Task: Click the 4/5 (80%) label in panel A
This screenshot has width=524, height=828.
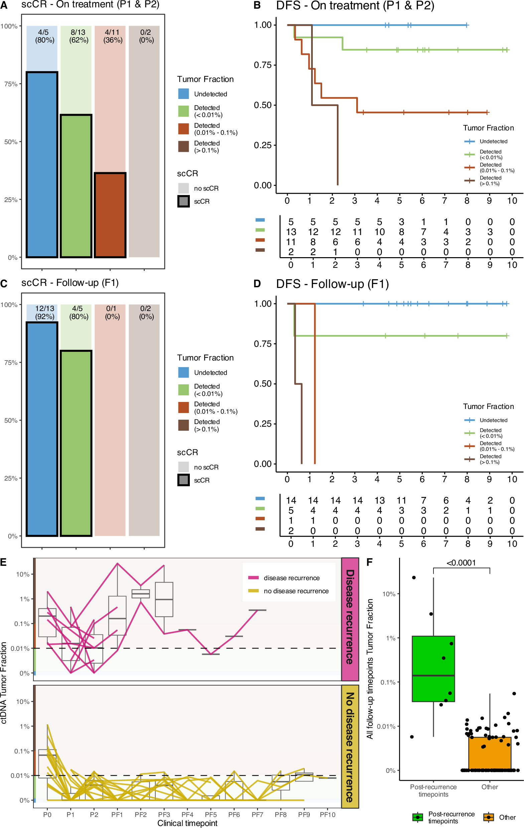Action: [44, 36]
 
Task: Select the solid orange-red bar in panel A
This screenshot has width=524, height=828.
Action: [110, 215]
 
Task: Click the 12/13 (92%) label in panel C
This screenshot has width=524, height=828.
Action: [44, 312]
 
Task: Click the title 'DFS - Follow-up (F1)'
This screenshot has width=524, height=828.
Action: [332, 284]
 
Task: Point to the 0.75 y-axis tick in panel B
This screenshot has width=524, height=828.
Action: [263, 65]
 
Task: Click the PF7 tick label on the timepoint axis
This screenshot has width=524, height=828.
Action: [257, 815]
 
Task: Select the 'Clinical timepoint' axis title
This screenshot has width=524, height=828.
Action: [187, 823]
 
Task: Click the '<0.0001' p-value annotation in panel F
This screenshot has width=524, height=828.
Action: [461, 563]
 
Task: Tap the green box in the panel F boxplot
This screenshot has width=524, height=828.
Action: [433, 669]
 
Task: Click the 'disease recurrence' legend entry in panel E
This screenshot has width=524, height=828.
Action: [291, 578]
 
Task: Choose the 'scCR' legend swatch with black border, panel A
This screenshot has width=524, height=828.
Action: [183, 201]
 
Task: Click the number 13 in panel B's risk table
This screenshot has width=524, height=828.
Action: [291, 232]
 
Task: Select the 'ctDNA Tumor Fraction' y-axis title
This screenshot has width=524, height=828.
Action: [4, 683]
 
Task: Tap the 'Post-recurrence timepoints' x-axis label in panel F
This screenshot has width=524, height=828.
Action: [433, 791]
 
